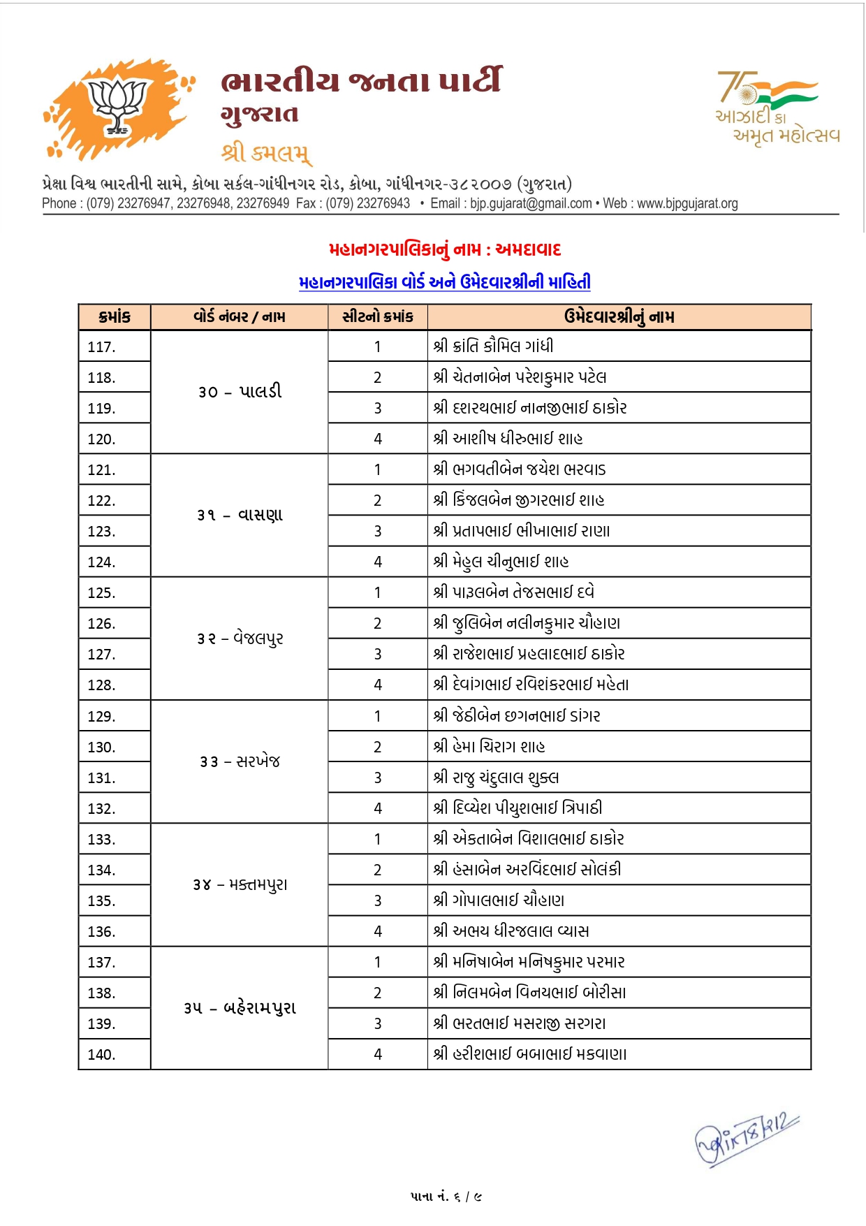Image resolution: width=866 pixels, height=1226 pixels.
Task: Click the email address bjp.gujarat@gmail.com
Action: [531, 203]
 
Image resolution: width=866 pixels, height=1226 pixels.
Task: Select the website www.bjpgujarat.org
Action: [687, 203]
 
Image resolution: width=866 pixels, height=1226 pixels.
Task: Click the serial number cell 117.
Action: [102, 346]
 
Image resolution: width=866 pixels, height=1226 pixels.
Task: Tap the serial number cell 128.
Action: [102, 685]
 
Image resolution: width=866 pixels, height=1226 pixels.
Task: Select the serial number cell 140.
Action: [102, 1055]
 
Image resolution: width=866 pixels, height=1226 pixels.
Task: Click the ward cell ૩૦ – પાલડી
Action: [240, 392]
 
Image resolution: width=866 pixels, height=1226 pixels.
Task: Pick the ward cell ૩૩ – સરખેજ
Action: [240, 761]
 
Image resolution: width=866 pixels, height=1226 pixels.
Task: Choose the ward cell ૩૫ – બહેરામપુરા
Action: [240, 1008]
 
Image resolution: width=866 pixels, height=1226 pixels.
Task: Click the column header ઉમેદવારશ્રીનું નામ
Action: [619, 317]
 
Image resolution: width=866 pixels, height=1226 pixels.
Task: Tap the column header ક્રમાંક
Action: [115, 317]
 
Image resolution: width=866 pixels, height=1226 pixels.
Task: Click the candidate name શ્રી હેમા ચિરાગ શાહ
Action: [489, 747]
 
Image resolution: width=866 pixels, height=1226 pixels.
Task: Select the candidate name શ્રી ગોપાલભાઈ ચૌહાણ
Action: [499, 900]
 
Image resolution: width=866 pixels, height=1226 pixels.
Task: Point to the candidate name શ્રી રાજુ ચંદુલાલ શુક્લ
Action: [496, 778]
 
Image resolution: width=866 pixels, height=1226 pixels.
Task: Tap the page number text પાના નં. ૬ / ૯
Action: [446, 1197]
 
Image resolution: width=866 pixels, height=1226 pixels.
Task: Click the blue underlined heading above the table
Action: [445, 282]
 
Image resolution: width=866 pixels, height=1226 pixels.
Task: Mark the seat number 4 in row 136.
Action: [378, 931]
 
